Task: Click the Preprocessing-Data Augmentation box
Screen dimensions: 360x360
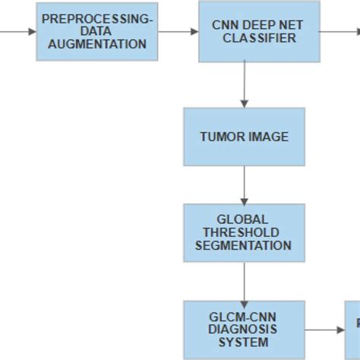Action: [x=97, y=31]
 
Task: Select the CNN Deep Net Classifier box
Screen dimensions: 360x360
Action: [x=247, y=31]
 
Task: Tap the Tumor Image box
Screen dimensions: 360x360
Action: [x=244, y=137]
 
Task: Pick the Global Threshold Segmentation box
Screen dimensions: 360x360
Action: [x=244, y=232]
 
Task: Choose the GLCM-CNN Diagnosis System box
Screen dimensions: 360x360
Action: [x=244, y=330]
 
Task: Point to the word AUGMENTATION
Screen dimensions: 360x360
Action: [x=97, y=44]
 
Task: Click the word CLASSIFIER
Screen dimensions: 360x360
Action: [x=248, y=37]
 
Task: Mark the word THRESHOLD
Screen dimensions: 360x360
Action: [x=243, y=232]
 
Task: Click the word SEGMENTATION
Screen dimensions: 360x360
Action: [x=243, y=245]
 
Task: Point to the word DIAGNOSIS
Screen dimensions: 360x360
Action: [x=243, y=330]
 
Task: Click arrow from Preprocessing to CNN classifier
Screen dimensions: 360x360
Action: [x=178, y=31]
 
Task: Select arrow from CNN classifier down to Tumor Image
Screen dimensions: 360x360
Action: [x=244, y=84]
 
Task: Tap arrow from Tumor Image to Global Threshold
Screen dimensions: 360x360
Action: [x=244, y=184]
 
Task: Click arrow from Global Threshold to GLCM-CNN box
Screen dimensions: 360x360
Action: [x=244, y=281]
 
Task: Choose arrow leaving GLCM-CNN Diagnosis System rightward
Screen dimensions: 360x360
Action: [x=325, y=330]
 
